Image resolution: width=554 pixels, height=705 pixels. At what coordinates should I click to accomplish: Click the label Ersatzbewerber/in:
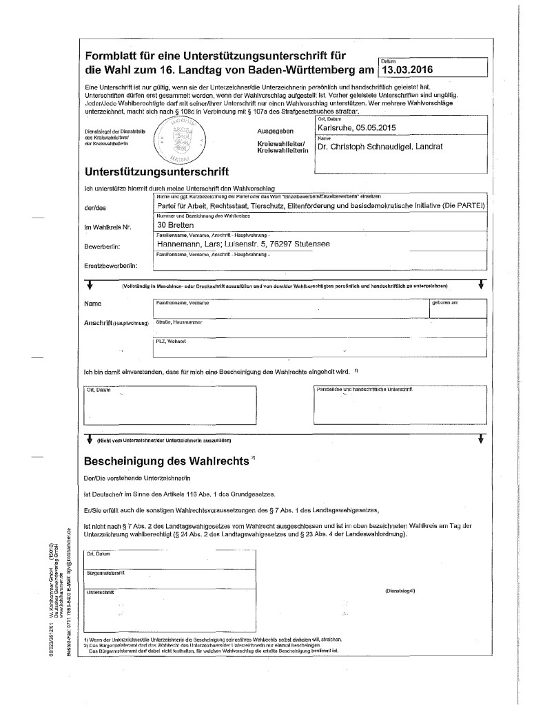coord(110,264)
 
